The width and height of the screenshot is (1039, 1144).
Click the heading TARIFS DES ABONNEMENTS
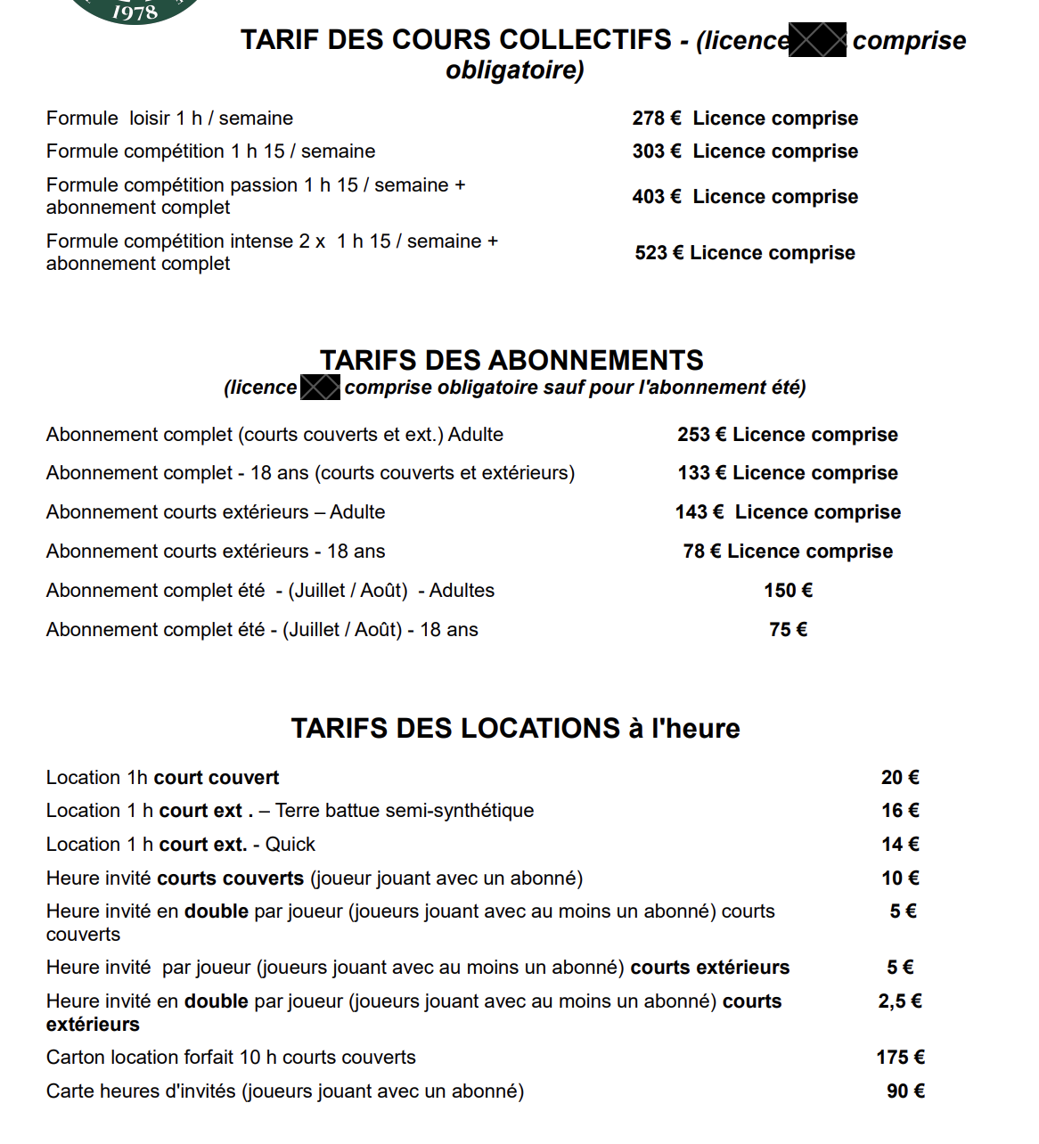(511, 360)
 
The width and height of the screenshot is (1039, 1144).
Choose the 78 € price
(702, 552)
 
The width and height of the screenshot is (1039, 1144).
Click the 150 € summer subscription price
(789, 591)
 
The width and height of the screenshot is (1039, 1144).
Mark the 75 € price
(789, 630)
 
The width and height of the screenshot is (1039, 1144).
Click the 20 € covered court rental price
(900, 778)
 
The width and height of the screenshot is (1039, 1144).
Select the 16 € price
(900, 811)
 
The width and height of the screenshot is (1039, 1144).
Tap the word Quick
(290, 845)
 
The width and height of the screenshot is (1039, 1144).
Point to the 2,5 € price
(900, 1001)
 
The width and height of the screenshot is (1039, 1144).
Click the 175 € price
(900, 1058)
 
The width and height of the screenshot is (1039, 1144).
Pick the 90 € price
(905, 1091)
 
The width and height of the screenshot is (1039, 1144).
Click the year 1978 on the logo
(135, 12)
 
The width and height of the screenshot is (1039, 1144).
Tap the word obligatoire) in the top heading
(515, 69)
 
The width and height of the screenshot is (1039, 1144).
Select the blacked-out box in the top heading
(818, 41)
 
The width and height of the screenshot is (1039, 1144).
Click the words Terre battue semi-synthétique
(405, 811)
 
